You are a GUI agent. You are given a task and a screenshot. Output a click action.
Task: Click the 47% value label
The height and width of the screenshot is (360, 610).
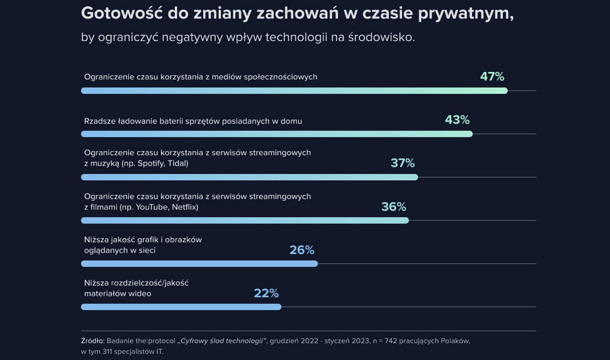(492, 76)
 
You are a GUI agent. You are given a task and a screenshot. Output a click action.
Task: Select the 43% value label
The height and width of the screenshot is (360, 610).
(457, 120)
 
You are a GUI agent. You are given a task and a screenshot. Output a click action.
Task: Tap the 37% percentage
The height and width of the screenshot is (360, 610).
(403, 163)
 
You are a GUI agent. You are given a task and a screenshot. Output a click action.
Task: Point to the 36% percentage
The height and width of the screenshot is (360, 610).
(393, 207)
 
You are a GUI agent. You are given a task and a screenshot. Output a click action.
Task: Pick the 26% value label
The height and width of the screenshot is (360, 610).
(302, 250)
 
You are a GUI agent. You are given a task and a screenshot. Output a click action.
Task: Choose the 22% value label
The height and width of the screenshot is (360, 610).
(266, 293)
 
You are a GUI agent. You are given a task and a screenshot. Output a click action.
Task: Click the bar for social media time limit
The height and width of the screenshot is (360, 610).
(294, 91)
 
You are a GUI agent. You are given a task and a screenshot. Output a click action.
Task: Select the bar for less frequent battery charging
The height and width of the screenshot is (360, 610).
(277, 134)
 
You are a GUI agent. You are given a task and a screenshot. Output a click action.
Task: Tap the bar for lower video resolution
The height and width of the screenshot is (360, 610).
(181, 307)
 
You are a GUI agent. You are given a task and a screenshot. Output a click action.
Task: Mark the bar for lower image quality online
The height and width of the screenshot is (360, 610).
(199, 264)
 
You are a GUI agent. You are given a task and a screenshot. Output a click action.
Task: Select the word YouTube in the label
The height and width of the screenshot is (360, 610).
(152, 207)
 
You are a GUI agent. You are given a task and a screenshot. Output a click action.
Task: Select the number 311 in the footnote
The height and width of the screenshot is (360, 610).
(107, 352)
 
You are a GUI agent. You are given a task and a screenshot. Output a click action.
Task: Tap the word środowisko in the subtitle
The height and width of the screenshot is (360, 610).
(381, 37)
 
